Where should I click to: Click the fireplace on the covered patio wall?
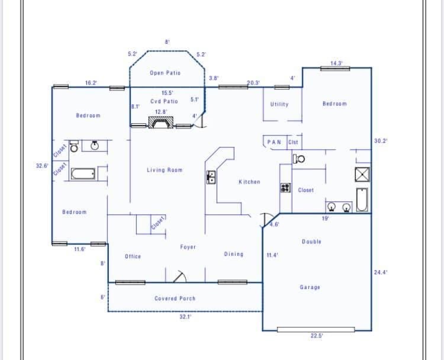coord(161,122)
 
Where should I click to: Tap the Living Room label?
coord(165,170)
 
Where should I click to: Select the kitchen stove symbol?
coord(285,188)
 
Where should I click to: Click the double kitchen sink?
coord(211,177)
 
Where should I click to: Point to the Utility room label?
coord(279,104)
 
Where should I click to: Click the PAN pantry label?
coord(274,142)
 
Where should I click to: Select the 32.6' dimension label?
coord(42,166)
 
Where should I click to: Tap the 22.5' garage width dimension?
coord(317,336)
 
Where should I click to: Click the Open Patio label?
coord(165,73)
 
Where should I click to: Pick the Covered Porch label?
coord(175,298)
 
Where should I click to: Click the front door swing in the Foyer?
coord(179,277)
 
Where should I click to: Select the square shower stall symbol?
coord(362,174)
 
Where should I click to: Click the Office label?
coord(133,256)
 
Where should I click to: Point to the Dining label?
coord(234,254)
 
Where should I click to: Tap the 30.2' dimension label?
coord(381,141)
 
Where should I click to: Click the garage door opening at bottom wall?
coord(316,330)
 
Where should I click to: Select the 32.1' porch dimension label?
coord(185,317)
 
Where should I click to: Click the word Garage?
coord(310,287)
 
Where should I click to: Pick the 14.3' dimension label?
coord(336,63)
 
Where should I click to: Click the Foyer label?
coord(188,247)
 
